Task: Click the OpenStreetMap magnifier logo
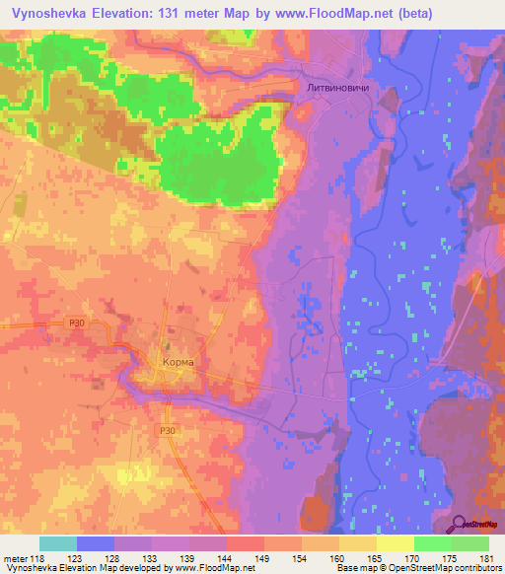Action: [459, 523]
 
